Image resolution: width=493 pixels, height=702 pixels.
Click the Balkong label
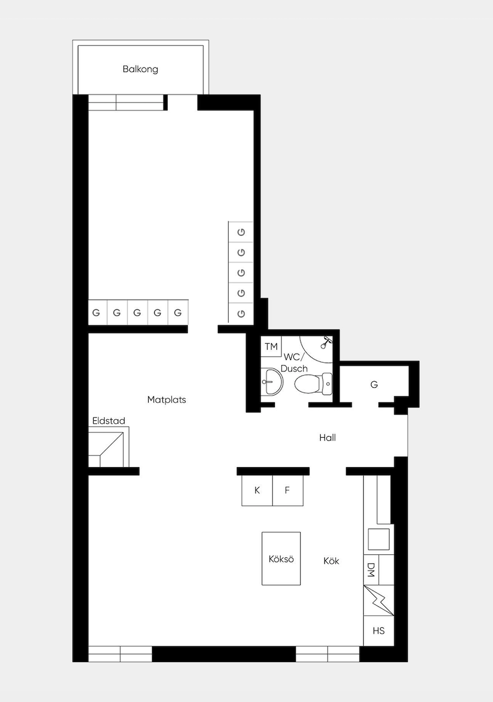tap(140, 69)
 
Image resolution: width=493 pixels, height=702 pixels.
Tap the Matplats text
tap(167, 400)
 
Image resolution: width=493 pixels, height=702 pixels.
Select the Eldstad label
tap(108, 420)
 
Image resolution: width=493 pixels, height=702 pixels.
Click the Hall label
tap(327, 438)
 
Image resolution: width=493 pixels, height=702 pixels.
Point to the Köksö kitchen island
tap(281, 559)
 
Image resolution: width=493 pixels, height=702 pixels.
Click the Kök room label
tap(331, 560)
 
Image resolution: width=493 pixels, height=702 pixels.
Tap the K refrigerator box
tap(257, 491)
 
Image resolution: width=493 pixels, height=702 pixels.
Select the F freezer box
tap(288, 491)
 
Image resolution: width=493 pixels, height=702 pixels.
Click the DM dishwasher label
tap(371, 570)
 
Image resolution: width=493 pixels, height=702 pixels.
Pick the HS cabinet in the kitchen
tap(378, 631)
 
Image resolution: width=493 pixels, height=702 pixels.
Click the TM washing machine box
tap(271, 346)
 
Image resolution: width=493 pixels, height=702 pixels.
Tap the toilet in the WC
tap(313, 384)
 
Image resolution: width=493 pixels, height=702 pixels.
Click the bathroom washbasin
tap(272, 382)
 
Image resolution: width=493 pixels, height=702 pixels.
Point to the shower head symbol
tap(326, 342)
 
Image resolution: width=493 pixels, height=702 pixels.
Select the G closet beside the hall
tap(374, 385)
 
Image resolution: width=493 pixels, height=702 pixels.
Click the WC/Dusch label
tap(294, 363)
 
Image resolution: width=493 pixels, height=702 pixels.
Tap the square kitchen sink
tap(378, 539)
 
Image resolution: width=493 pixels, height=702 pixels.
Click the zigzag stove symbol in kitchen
tap(378, 600)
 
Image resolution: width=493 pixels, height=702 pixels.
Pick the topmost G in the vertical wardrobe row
tap(241, 232)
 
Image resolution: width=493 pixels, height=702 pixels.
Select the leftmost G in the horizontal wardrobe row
tap(96, 312)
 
